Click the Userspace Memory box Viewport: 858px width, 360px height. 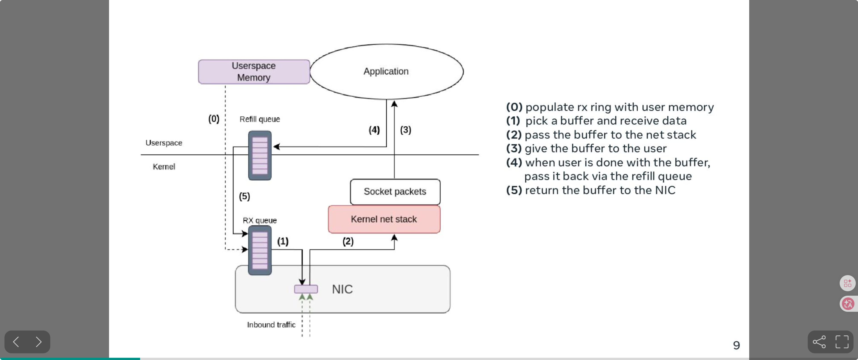click(254, 72)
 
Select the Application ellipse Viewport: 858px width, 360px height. click(386, 71)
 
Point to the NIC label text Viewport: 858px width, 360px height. click(342, 289)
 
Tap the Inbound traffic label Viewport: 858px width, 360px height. click(271, 325)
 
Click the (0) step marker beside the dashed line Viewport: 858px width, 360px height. click(214, 119)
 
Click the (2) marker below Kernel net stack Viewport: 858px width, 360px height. click(348, 241)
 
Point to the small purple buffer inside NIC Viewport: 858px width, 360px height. click(306, 289)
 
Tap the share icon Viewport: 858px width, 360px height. click(819, 342)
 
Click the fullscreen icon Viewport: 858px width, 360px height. click(842, 342)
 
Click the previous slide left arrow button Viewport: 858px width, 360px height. click(16, 342)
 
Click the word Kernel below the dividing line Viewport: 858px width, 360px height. click(164, 167)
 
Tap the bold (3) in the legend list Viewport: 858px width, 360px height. click(514, 149)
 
